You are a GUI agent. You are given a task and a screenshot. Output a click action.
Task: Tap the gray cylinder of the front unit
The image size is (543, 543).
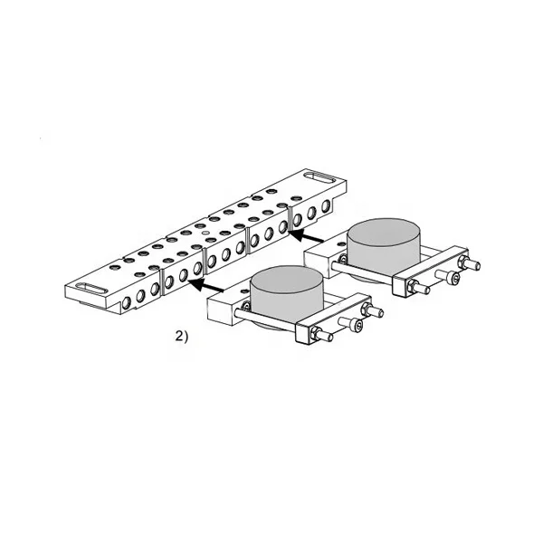point(286,291)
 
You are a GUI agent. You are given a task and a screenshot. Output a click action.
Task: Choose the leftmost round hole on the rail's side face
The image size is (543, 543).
point(127,300)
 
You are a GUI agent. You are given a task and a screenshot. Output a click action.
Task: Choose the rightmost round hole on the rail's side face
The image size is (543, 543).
point(325,211)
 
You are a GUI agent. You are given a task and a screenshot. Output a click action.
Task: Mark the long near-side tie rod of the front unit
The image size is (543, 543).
point(271,322)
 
